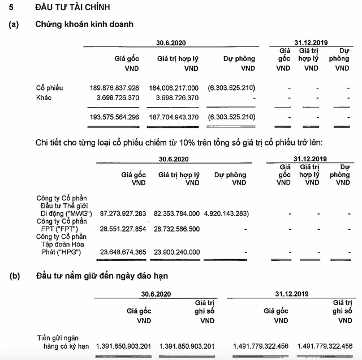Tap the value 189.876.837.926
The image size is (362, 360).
click(114, 88)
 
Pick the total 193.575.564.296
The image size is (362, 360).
click(114, 117)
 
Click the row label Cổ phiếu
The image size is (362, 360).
click(49, 88)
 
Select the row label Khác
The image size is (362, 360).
click(45, 98)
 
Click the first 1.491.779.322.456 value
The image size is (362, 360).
click(261, 346)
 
